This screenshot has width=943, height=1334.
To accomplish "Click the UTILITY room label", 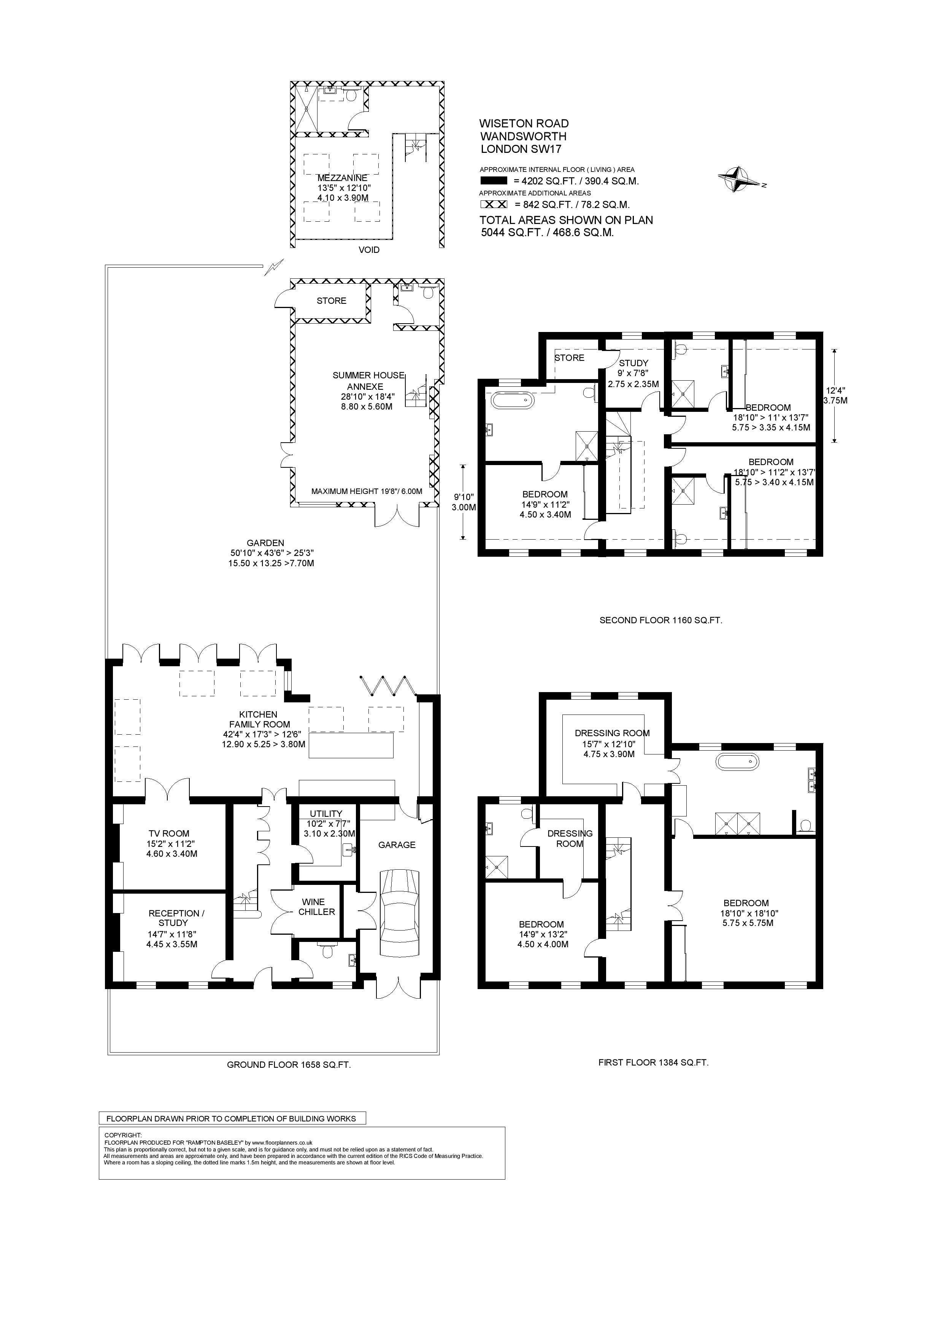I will click(x=326, y=813).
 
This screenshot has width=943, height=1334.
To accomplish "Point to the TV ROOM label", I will click(x=168, y=833).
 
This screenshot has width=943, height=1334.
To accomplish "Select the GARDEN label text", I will click(x=265, y=543).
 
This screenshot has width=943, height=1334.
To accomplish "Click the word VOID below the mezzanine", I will click(x=369, y=250).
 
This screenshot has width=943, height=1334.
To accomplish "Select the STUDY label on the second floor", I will click(x=633, y=362).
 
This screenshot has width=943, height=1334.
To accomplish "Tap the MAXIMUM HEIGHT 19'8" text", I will click(x=366, y=491).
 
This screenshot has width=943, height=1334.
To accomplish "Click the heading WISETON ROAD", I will click(x=524, y=123).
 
